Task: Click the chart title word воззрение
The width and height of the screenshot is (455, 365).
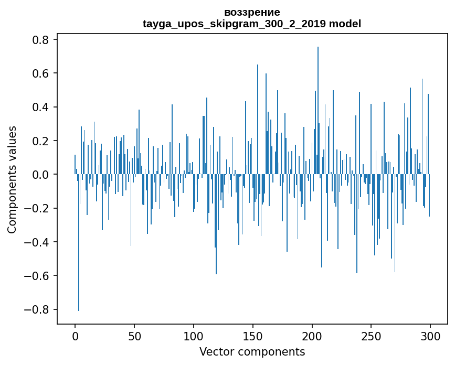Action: coord(252,12)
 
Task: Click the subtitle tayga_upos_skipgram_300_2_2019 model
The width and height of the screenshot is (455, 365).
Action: coord(252,24)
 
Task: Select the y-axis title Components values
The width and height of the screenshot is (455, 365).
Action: coord(12,179)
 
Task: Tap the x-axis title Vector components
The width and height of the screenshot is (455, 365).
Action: coord(252,351)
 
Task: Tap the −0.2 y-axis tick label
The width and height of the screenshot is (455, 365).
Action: coord(37,208)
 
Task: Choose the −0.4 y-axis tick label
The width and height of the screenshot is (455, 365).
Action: coord(37,242)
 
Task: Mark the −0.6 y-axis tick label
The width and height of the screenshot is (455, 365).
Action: coord(37,276)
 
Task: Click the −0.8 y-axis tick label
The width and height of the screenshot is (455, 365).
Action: coord(37,309)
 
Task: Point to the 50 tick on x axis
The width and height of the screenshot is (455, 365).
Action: coord(134,336)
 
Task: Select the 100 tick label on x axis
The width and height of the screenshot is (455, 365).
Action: coord(194,336)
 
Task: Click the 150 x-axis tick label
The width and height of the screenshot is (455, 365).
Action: coord(253,336)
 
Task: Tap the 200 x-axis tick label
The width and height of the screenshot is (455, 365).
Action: coord(312,336)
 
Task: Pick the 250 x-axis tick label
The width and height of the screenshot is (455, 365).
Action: coord(371,336)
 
